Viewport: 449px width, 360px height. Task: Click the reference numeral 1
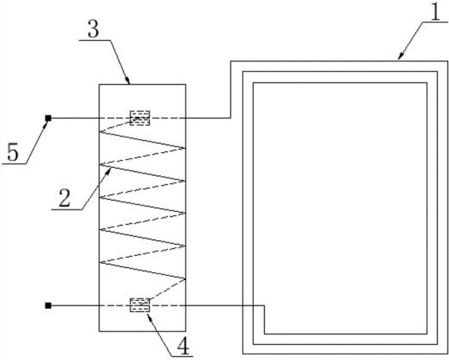click(435, 12)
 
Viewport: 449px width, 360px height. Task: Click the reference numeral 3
click(94, 30)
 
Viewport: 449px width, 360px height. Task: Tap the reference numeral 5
click(13, 152)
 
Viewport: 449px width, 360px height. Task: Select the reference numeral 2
click(65, 198)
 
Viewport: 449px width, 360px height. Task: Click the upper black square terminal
click(48, 118)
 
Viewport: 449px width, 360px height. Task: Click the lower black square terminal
click(48, 306)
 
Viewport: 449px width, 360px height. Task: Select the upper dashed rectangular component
click(140, 118)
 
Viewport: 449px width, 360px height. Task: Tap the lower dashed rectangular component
click(140, 305)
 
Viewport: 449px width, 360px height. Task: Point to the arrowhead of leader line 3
click(128, 80)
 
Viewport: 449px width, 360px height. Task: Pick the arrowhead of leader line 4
click(149, 317)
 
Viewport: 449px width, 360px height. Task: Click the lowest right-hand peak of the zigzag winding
click(185, 278)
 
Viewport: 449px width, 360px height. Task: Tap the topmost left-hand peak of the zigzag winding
click(100, 132)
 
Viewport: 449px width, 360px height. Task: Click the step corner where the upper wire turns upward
click(231, 118)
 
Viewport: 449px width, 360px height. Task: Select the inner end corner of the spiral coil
click(265, 306)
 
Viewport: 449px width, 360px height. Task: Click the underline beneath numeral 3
click(94, 40)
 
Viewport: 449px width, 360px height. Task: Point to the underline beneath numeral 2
click(67, 210)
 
